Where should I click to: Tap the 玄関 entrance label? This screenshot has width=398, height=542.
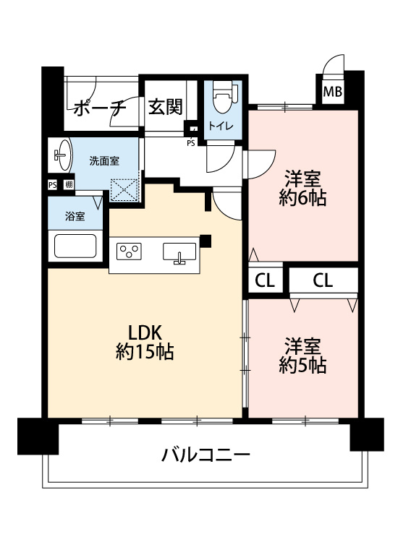click(165, 107)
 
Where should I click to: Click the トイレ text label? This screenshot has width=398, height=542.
click(221, 126)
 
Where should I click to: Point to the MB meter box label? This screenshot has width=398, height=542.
click(332, 92)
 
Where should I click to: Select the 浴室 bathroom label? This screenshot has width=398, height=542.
click(74, 215)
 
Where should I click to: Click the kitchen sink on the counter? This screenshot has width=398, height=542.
click(178, 253)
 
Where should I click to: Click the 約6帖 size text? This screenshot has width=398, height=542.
click(302, 199)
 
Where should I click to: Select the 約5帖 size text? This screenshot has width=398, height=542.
click(302, 366)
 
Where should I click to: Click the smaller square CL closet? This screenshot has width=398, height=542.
click(265, 281)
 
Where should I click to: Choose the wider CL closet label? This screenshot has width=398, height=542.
click(323, 281)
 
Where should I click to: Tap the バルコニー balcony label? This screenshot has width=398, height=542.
click(206, 455)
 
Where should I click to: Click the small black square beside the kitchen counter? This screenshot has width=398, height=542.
click(206, 241)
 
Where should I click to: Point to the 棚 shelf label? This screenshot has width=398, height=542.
click(68, 185)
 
